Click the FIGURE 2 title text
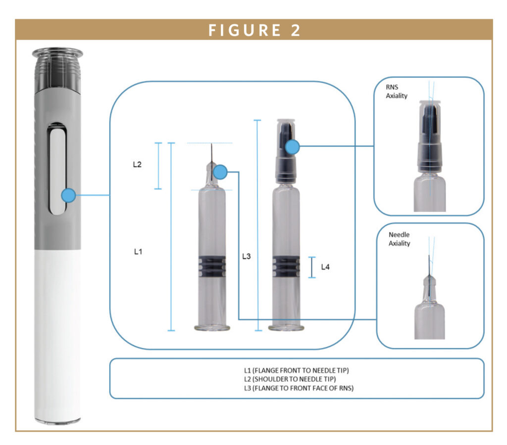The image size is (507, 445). click(253, 30)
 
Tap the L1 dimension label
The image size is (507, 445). click(138, 251)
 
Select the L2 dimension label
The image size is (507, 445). click(137, 165)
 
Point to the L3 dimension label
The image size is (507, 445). click(247, 256)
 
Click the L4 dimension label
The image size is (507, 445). click(325, 267)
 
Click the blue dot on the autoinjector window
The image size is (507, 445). click(68, 195)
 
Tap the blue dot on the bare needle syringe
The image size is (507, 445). click(220, 172)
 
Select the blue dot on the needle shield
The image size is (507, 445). click(293, 146)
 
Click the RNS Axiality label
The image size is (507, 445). click(397, 92)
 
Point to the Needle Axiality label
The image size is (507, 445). click(399, 239)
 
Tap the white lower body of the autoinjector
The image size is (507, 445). click(57, 331)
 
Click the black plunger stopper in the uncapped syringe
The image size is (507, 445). click(212, 266)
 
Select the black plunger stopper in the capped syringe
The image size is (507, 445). click(286, 266)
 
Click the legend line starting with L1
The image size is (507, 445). click(297, 370)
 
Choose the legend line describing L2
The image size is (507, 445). click(297, 378)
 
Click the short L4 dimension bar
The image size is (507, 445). click(312, 267)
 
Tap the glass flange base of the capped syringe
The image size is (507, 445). click(286, 327)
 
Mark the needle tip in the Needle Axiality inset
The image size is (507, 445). click(427, 257)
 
